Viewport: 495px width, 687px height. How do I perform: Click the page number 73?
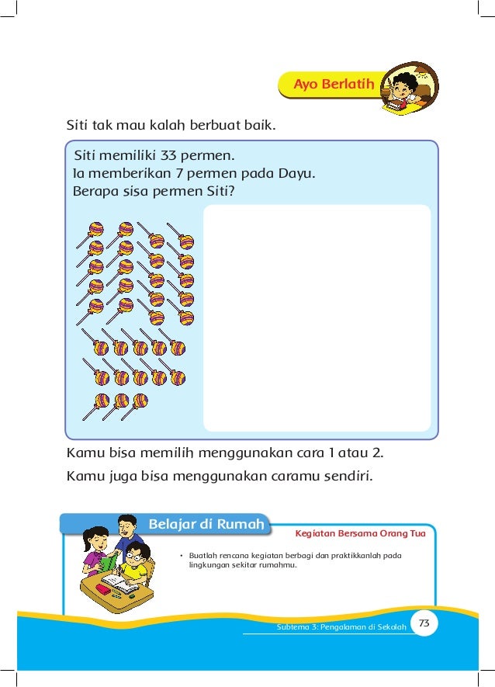(424, 623)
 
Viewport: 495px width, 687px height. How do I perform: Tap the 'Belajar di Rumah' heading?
(205, 525)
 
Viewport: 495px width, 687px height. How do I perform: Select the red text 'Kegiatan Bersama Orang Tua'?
(360, 534)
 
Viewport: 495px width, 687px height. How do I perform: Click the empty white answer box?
(317, 317)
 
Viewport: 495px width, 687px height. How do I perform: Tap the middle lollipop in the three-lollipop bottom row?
(120, 401)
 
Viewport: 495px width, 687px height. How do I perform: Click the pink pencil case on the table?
(102, 590)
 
